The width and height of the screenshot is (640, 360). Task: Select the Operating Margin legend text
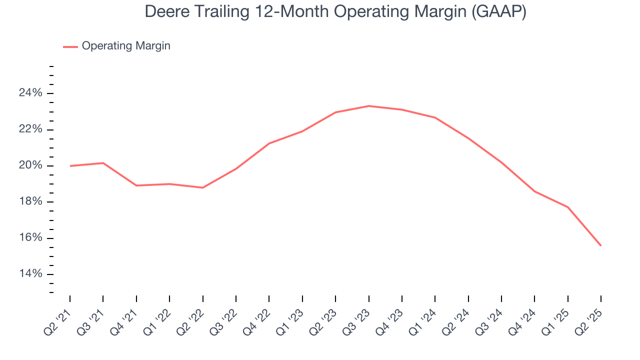[x=126, y=46]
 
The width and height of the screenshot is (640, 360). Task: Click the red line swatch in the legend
[x=70, y=46]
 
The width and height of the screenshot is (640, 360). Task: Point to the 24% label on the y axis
[x=30, y=93]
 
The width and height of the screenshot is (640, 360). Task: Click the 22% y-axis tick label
[x=30, y=129]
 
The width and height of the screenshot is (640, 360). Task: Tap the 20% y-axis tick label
[x=30, y=165]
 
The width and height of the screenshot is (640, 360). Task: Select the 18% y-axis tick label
[x=30, y=201]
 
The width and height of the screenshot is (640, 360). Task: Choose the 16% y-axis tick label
[x=30, y=237]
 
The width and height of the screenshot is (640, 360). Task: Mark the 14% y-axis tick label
[x=30, y=273]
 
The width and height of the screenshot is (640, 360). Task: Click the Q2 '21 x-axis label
[x=59, y=317]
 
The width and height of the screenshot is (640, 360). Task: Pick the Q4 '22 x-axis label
[x=258, y=317]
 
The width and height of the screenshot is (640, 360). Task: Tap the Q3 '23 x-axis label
[x=357, y=317]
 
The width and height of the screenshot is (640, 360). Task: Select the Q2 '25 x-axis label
[x=590, y=317]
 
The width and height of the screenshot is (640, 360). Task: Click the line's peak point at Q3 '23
[x=368, y=106]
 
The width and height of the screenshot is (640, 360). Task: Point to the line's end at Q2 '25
[x=600, y=245]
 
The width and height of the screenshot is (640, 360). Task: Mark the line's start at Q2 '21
[x=70, y=165]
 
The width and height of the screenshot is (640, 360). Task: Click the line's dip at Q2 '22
[x=202, y=187]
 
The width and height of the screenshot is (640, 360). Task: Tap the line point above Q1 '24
[x=435, y=117]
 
